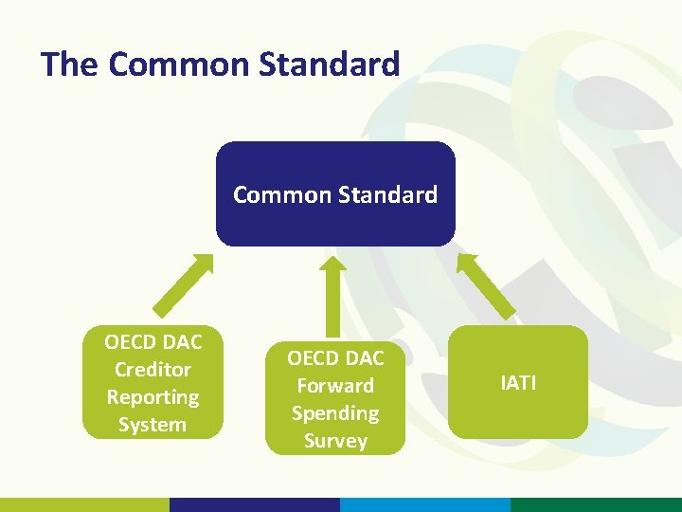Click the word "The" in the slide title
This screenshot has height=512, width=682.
tap(70, 64)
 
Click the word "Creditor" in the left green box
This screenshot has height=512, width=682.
tap(153, 370)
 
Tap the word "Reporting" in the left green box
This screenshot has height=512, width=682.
tap(153, 397)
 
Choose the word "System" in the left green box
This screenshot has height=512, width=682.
tap(153, 425)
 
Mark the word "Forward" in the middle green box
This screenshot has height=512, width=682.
tap(335, 386)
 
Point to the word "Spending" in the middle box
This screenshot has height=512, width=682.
tap(335, 413)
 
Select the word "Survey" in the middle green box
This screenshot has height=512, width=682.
tap(335, 441)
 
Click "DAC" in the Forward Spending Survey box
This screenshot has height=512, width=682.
tap(364, 358)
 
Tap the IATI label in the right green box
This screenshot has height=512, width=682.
tap(518, 383)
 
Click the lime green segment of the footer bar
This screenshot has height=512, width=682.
tap(84, 504)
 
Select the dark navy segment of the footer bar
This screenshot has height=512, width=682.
tap(255, 504)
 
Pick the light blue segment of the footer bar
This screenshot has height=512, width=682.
tap(425, 504)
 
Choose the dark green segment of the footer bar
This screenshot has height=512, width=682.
tap(596, 504)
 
